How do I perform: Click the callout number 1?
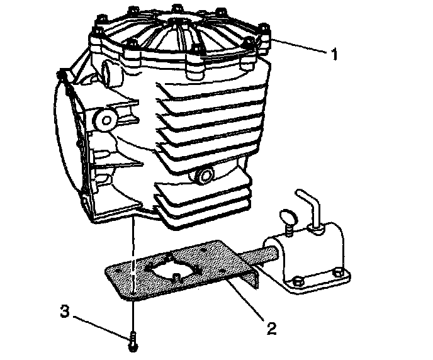[x=334, y=53]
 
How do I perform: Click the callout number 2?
[x=271, y=327]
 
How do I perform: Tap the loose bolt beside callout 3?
[x=133, y=340]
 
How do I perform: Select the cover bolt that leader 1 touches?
[x=264, y=42]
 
